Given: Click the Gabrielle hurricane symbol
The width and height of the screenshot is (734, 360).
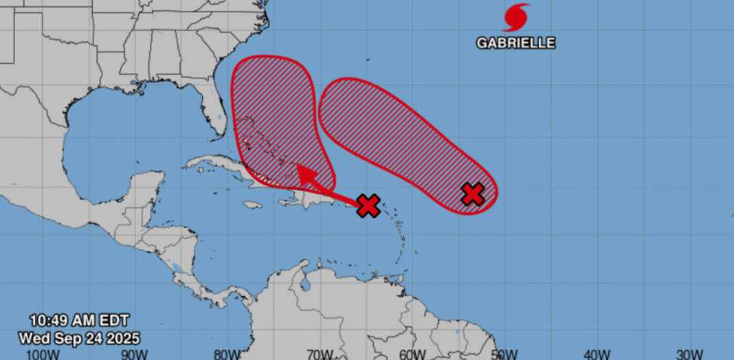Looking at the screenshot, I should click(516, 17).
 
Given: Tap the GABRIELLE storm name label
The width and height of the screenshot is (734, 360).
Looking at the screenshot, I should click(516, 43).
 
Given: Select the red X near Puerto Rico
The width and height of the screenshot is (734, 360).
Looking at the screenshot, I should click(368, 205).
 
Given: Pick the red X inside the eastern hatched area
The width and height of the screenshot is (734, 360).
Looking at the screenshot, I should click(473, 194).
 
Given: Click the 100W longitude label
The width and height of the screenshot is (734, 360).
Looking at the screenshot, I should click(41, 353).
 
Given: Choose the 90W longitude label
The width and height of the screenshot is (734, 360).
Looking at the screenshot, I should click(134, 353).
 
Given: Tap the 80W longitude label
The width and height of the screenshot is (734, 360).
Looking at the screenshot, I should click(227, 353).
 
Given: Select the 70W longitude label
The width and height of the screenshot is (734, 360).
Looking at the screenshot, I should click(320, 353).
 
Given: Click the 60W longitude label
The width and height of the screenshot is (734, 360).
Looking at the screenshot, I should click(412, 353).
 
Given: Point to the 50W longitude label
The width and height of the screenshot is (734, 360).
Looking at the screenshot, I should click(505, 353).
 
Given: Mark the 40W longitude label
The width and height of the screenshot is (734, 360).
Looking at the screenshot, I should click(598, 353).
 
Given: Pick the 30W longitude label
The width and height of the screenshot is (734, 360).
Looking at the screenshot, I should click(690, 353).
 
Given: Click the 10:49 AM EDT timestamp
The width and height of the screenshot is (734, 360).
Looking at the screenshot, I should click(78, 320).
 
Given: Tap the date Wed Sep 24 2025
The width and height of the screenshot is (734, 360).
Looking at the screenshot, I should click(79, 337).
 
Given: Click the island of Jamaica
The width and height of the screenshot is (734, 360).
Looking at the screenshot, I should click(252, 205).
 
